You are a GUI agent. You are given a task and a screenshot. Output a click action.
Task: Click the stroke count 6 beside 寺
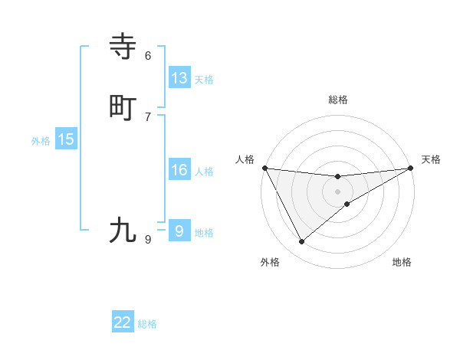click(148, 56)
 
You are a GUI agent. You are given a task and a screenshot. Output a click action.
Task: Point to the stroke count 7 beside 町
click(148, 116)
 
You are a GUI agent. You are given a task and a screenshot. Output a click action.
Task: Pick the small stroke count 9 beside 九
click(148, 240)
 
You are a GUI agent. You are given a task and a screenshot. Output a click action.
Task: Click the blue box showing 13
click(179, 78)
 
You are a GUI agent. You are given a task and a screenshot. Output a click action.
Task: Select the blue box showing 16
click(179, 170)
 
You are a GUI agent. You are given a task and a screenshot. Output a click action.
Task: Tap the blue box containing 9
click(179, 231)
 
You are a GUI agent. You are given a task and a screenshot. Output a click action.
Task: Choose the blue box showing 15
click(66, 139)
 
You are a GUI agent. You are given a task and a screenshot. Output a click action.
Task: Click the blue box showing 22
click(123, 322)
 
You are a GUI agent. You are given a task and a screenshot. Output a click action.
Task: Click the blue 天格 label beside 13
click(204, 80)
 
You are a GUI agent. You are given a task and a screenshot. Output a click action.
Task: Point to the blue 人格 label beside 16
click(204, 172)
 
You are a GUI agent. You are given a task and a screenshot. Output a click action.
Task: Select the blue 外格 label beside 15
click(41, 141)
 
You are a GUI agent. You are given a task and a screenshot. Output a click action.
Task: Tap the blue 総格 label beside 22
click(147, 324)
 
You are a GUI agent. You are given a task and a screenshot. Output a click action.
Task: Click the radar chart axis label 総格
click(337, 100)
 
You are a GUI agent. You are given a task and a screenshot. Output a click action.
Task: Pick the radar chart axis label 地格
click(402, 262)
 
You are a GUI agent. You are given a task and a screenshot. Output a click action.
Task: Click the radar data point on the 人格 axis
click(264, 168)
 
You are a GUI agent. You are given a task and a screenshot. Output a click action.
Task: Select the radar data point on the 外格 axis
click(301, 242)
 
